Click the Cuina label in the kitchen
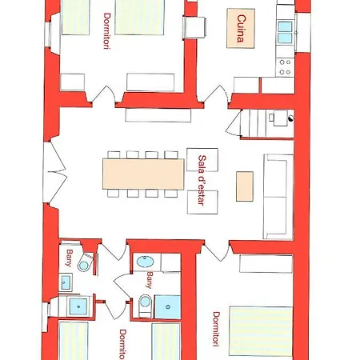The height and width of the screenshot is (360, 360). tap(241, 29)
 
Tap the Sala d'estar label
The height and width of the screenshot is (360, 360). tap(202, 180)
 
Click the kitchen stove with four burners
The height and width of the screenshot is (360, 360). tap(285, 67)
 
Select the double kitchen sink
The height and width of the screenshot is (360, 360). tap(285, 32)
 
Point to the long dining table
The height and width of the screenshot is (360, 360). tap(143, 174)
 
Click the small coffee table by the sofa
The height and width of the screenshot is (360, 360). tap(245, 186)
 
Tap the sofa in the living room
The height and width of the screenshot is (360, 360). tap(278, 197)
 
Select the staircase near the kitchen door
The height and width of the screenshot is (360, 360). tap(260, 123)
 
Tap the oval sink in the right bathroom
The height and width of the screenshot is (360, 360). tap(145, 262)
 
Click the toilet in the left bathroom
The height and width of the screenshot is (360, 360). tap(86, 262)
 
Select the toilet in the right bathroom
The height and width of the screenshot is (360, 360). tap(145, 306)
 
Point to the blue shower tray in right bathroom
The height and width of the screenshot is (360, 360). tap(168, 306)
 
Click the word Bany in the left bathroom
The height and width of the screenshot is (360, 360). tap(70, 258)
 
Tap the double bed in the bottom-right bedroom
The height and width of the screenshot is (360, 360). tap(261, 331)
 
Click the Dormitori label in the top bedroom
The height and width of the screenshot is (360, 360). tap(107, 31)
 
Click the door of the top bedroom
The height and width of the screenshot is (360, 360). tap(104, 95)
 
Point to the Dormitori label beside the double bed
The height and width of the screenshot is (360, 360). tap(216, 329)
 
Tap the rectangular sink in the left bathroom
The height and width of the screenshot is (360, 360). tap(66, 282)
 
